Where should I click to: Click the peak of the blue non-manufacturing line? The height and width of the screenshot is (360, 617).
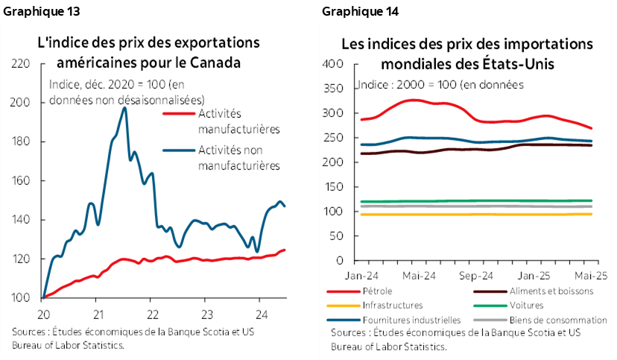pos(124,108)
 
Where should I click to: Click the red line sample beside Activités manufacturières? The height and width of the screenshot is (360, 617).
pos(178,114)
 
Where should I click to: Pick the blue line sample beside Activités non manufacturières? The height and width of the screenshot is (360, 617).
pos(178,151)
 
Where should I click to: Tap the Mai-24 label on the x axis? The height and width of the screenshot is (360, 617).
pos(419,275)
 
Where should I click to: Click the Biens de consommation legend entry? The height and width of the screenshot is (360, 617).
pos(550,320)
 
